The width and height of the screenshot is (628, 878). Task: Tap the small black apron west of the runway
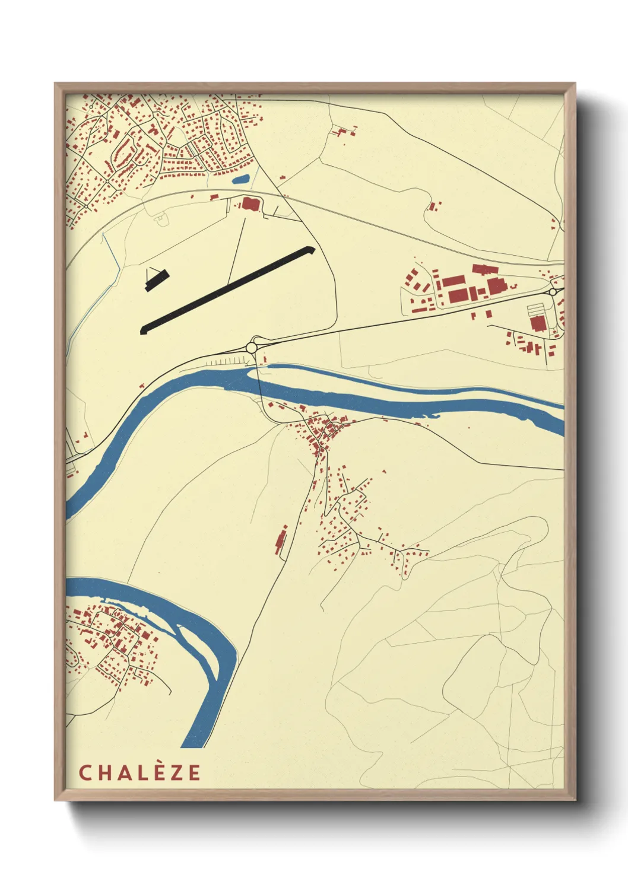156,279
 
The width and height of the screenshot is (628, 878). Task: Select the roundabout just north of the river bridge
253,346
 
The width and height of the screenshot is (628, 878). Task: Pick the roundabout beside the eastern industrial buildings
553,292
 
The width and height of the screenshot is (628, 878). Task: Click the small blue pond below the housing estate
240,179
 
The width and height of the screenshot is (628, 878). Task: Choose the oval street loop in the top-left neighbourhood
124,152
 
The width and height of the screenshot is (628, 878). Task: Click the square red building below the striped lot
538,323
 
